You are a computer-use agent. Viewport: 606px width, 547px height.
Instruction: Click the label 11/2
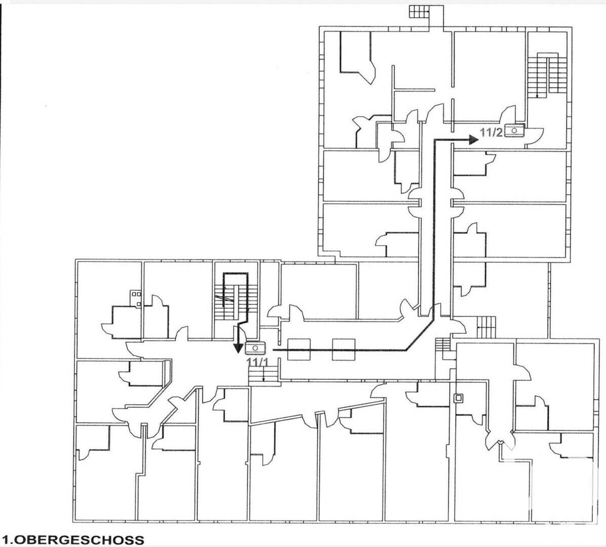(x=491, y=133)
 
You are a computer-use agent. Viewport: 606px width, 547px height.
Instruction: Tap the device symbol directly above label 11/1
(x=256, y=348)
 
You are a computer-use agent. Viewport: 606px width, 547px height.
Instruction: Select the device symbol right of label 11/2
(x=514, y=131)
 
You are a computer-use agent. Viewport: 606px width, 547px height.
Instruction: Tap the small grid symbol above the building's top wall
(x=419, y=12)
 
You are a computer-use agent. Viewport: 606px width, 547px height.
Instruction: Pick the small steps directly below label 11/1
(x=263, y=375)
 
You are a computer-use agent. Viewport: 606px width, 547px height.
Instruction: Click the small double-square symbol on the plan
(x=459, y=398)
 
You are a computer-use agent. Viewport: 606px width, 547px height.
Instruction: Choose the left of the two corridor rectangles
(x=300, y=349)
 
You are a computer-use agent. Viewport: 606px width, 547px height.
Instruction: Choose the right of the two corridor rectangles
(x=344, y=349)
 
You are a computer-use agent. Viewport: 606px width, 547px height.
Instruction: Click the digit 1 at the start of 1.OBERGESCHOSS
(x=5, y=539)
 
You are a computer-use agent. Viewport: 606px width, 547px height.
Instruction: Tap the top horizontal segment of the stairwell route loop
(x=235, y=273)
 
